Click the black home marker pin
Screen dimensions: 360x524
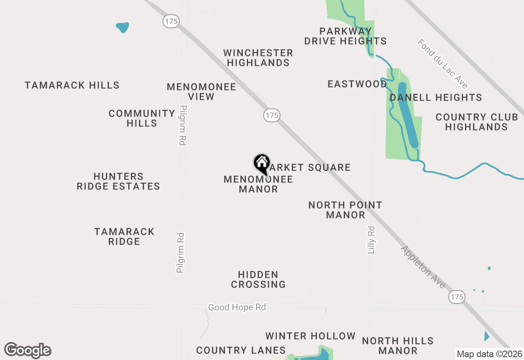point(262,164)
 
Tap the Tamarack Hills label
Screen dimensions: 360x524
point(72,85)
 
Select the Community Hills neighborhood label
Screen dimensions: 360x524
point(142,118)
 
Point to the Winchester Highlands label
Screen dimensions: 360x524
point(258,58)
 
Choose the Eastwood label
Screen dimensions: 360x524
point(357,84)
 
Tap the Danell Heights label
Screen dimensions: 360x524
point(436,98)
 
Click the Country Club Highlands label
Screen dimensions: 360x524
point(477,122)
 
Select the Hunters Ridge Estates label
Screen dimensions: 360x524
point(118,182)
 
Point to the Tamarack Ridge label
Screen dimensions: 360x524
point(124,236)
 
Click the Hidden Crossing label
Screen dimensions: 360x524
point(258,279)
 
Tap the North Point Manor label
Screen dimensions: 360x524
point(345,210)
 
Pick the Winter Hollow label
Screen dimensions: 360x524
point(310,336)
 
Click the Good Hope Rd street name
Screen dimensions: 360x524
point(237,307)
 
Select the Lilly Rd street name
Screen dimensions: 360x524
point(371,240)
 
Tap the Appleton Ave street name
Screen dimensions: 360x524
point(423,267)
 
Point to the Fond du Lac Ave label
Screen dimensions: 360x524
point(443,63)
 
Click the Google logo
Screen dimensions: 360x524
point(27,351)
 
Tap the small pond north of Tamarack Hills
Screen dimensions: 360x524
point(122,27)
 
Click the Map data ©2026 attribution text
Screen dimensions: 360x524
point(490,354)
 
